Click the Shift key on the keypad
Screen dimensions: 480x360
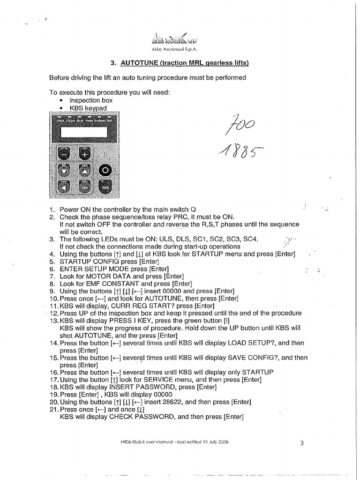[x=106, y=188]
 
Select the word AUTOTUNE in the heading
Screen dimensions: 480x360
[x=140, y=63]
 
